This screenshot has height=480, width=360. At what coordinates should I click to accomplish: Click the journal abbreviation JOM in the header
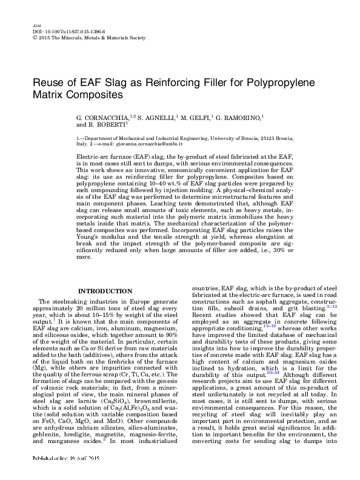34,24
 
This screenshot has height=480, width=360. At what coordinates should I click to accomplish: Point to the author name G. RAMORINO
233,116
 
